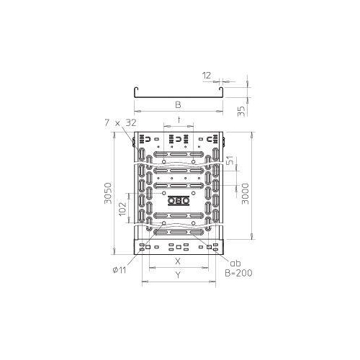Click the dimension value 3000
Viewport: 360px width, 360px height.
tap(246, 189)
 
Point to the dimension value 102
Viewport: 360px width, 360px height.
tap(123, 209)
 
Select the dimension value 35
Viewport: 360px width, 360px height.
tap(246, 110)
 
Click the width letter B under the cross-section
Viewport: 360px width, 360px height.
tap(178, 104)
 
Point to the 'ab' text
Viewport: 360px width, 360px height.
tap(235, 263)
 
